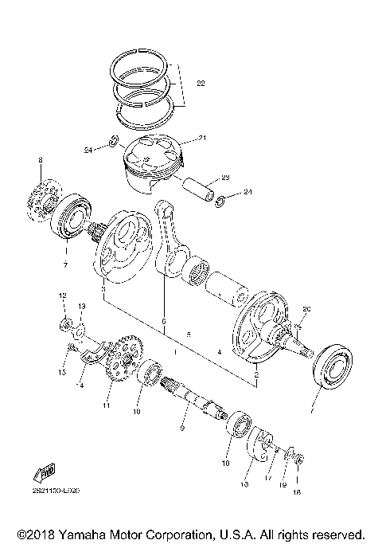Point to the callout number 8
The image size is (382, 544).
39,162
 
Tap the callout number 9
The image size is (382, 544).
182,429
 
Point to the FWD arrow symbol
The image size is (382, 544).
45,471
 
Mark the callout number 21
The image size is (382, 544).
203,139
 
